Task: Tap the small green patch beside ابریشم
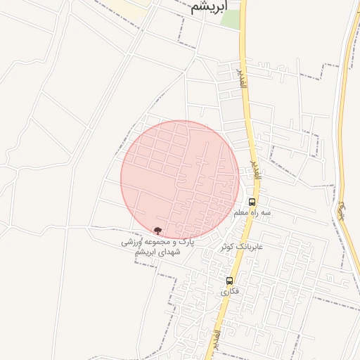231,18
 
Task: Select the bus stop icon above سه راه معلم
252,202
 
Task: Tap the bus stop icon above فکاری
229,281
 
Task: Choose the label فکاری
229,291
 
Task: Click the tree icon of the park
157,230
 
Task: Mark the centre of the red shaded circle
180,180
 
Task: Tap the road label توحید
342,208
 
